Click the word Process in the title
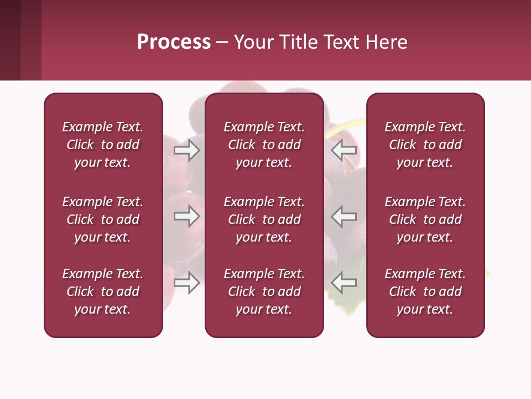174,42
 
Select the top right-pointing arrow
187,150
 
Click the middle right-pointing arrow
187,216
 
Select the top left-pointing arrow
344,150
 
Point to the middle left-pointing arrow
344,216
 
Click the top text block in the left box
103,145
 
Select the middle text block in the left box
103,219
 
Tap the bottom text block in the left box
103,291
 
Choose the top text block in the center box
264,145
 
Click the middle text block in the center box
264,219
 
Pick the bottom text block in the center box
264,291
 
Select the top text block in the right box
425,145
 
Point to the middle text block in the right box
425,219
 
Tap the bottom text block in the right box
425,291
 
